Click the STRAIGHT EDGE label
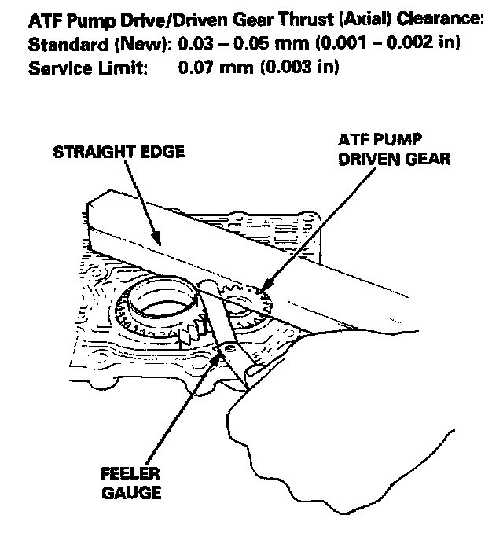[119, 152]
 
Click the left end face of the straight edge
[100, 222]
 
